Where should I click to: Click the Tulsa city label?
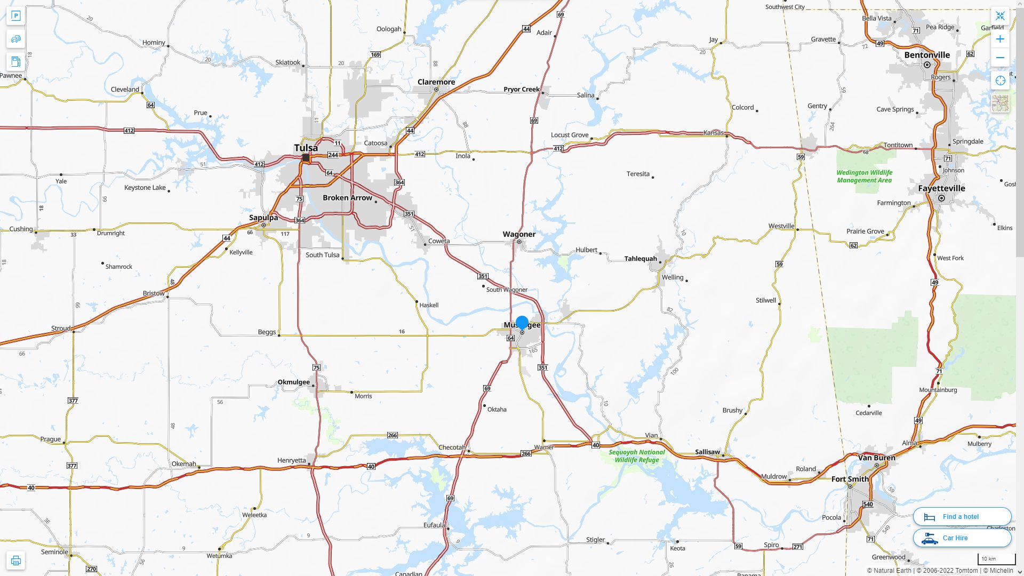[306, 148]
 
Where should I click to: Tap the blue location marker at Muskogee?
[522, 322]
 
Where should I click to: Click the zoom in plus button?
[1000, 39]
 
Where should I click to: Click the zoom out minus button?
[1000, 58]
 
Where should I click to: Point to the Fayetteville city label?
[941, 188]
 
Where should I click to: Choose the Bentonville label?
[927, 55]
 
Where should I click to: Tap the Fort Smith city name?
[850, 479]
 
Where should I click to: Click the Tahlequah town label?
[641, 259]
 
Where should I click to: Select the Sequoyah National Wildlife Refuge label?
[637, 456]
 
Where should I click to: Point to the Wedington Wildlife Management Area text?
[864, 177]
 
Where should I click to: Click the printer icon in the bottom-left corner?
[16, 561]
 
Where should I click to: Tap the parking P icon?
[16, 16]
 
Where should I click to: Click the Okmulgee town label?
[293, 382]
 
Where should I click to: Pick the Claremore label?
[436, 82]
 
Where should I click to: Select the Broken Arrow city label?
[347, 198]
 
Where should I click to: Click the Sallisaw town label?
[707, 452]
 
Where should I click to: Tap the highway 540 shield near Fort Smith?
[868, 504]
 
